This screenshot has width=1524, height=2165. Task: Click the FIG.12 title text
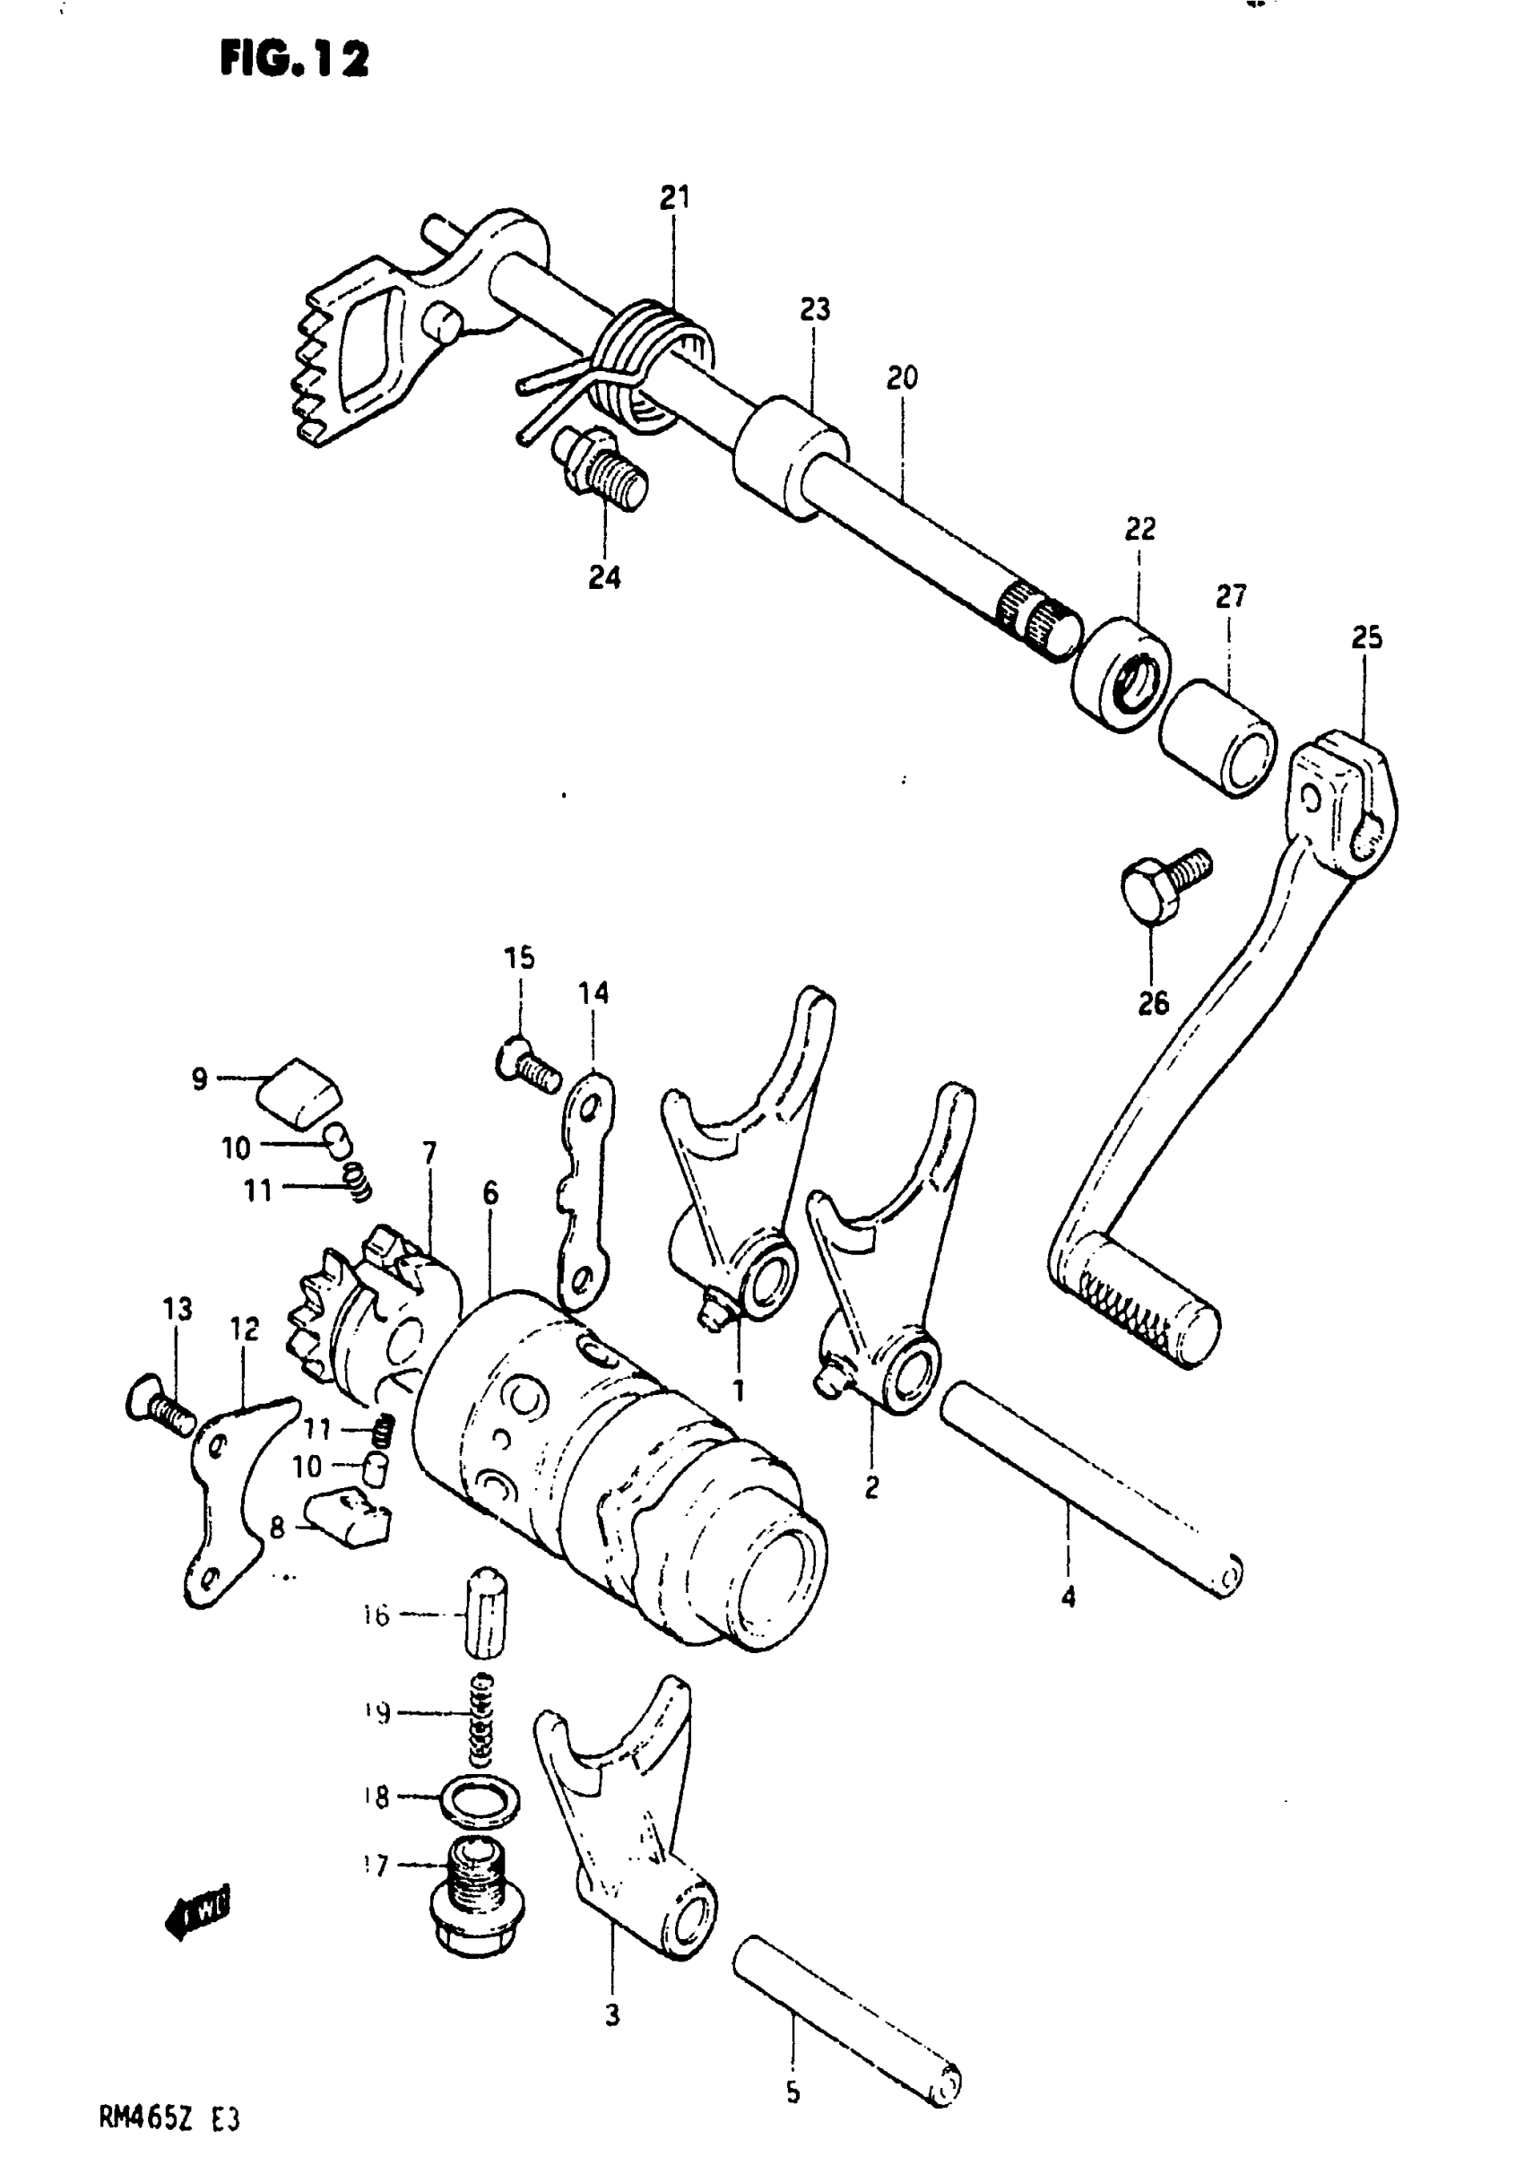tap(294, 60)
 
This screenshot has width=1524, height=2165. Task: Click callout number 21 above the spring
tap(674, 198)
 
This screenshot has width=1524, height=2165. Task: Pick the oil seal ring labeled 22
tap(1120, 672)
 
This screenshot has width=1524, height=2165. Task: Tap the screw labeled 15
tap(527, 1063)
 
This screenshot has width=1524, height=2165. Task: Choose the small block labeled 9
tap(300, 1091)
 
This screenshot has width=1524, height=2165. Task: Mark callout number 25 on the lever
tap(1366, 638)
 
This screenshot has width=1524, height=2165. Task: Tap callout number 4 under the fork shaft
tap(1068, 1598)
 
